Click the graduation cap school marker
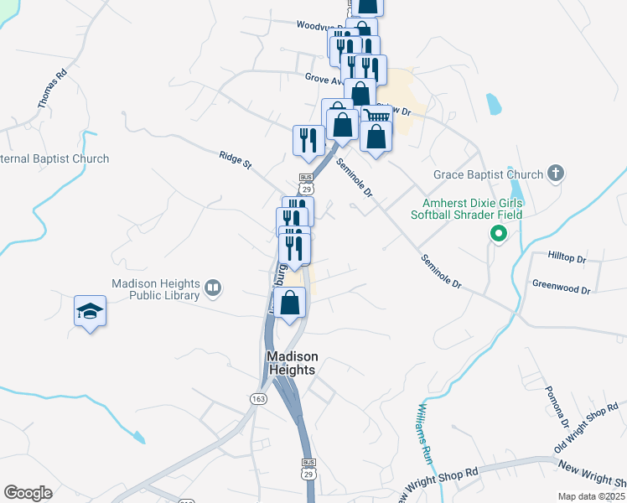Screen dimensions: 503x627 pos(91,312)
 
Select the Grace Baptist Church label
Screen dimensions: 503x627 pos(488,174)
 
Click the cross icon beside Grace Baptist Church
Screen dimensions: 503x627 pos(554,174)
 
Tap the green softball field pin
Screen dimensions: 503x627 pos(498,234)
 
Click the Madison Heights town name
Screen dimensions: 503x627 pos(292,363)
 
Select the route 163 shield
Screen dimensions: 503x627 pos(257,399)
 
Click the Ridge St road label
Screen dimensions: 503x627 pos(235,159)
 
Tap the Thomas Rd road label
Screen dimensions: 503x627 pos(51,90)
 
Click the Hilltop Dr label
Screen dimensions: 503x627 pos(567,258)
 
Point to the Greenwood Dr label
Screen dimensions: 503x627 pos(561,287)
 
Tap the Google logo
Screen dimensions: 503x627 pos(28,493)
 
